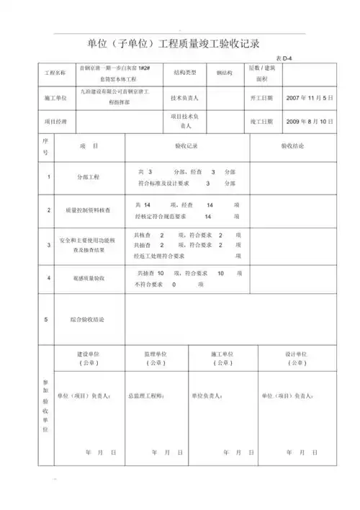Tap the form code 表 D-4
[284, 58]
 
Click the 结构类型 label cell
[185, 73]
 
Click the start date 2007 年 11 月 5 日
[310, 97]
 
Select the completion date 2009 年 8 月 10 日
[310, 122]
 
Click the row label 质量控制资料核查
[89, 210]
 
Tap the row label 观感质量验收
[89, 278]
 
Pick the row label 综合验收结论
[89, 318]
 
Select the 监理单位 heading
[156, 355]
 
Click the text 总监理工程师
[146, 396]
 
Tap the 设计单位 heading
[296, 355]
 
